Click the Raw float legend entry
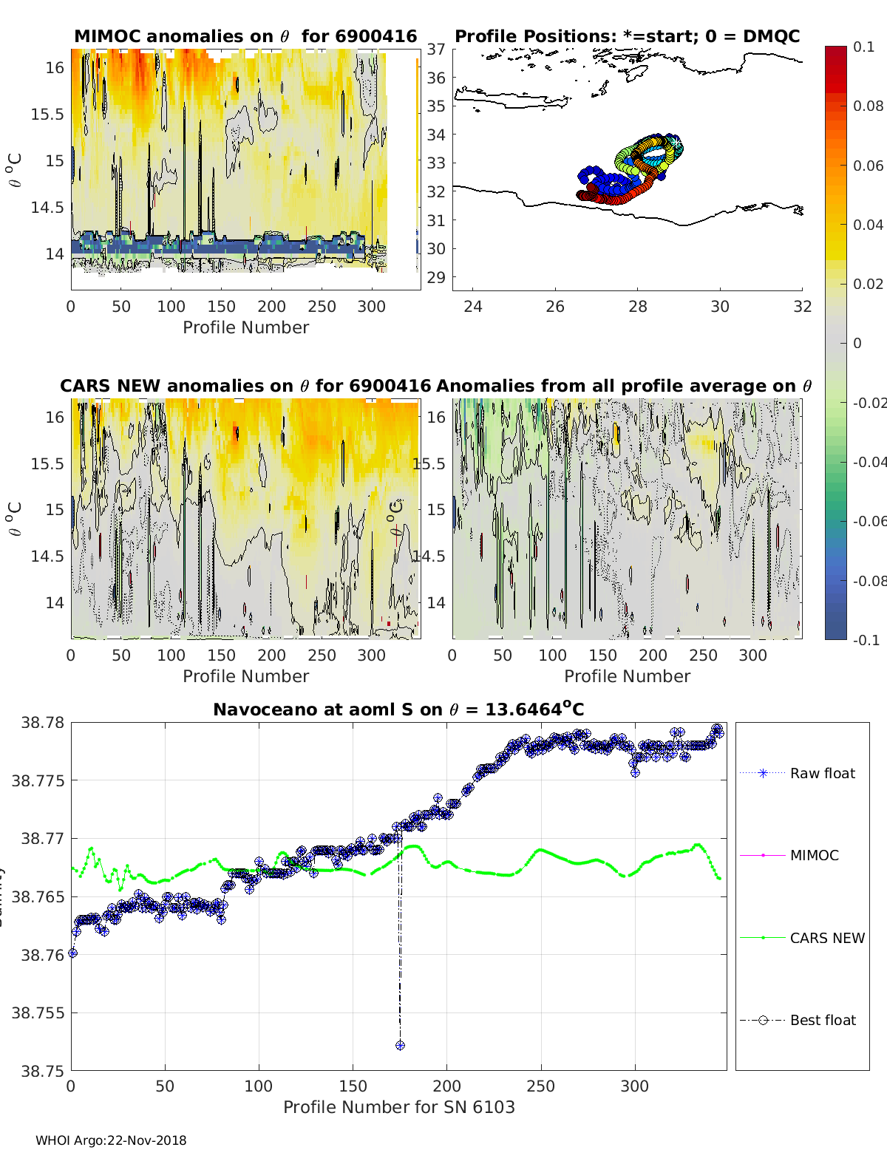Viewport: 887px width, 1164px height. click(822, 773)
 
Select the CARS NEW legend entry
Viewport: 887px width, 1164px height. click(826, 938)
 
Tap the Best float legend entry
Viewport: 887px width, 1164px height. click(822, 1020)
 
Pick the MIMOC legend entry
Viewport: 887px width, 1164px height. click(814, 855)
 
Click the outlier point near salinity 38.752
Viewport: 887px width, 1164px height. click(400, 1045)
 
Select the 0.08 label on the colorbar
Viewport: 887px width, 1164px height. click(868, 106)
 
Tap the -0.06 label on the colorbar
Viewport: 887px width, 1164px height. click(869, 521)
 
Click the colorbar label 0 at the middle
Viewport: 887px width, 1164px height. click(857, 343)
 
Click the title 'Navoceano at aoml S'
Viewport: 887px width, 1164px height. click(398, 709)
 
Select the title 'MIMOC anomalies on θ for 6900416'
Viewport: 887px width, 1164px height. click(245, 36)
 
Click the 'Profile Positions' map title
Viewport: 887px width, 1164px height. click(627, 36)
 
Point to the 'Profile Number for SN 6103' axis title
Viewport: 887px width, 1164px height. click(398, 1106)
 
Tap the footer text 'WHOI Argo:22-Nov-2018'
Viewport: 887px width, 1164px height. click(111, 1140)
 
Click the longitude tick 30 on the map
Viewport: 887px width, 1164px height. click(720, 307)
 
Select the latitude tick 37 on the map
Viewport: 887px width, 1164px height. click(436, 49)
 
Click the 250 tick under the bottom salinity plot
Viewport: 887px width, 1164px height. click(540, 1086)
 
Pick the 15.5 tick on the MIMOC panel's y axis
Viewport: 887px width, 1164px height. click(47, 114)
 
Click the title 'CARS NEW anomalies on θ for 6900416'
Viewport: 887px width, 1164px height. click(245, 386)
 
